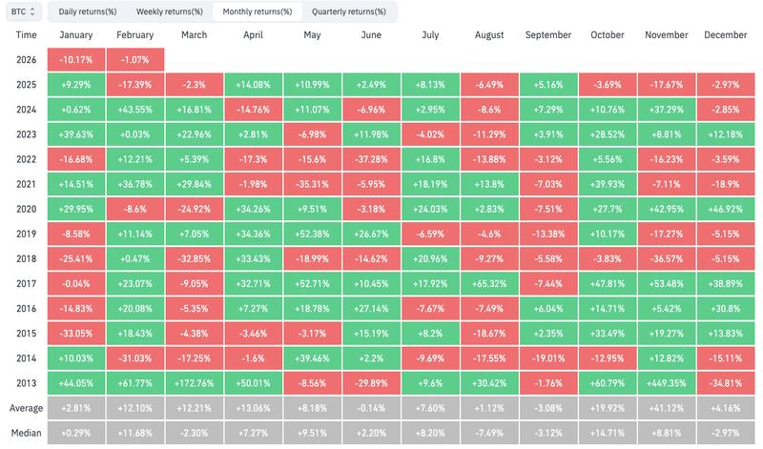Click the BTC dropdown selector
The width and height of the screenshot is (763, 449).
coord(22,12)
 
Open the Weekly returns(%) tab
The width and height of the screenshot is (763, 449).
coord(170,12)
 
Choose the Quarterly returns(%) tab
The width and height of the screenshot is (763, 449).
coord(349,12)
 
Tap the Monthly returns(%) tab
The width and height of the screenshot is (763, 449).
coord(258,12)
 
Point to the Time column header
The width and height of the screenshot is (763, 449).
coord(26,35)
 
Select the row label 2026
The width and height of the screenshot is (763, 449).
coord(26,58)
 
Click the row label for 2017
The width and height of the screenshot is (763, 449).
coord(26,282)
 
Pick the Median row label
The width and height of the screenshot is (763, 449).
coord(26,431)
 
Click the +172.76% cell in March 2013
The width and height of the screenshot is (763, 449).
coord(195,381)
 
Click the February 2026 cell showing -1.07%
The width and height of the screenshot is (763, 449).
coord(135,58)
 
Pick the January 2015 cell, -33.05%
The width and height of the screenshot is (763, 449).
coord(76,332)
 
